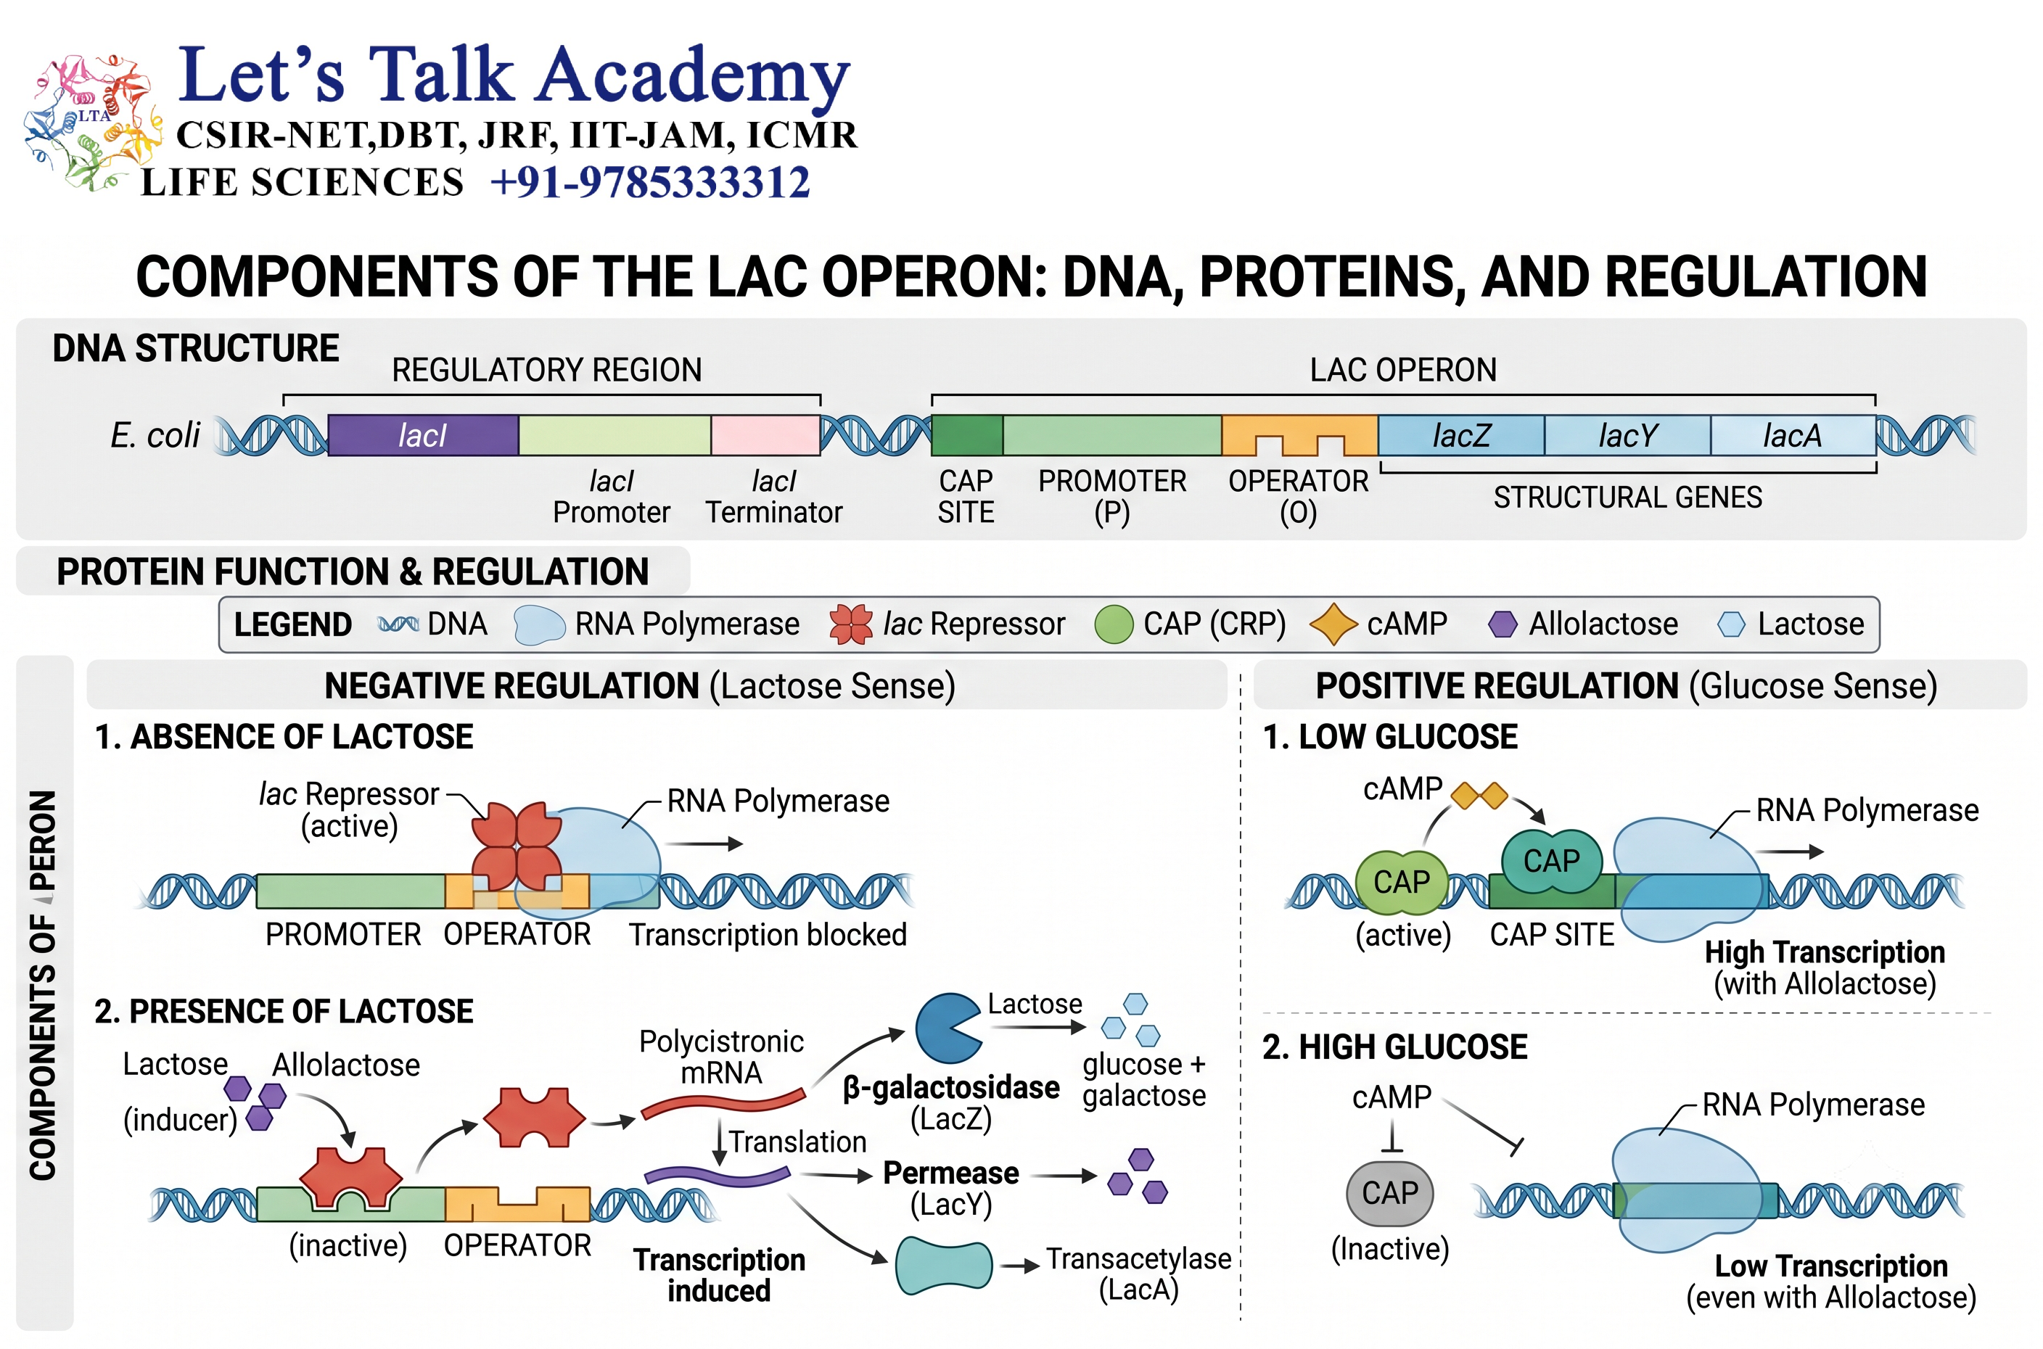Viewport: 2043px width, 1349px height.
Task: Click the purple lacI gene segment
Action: [422, 435]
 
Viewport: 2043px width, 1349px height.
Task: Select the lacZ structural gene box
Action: [1460, 435]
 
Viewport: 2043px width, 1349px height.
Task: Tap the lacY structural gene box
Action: [1627, 435]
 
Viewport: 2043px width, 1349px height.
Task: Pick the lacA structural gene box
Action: [1793, 435]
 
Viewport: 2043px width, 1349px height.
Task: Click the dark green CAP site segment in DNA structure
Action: [967, 435]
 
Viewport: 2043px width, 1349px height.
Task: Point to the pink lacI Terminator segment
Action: [765, 435]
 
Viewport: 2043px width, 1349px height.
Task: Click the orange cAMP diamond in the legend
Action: [1333, 624]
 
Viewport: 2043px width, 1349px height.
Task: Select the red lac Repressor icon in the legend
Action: [851, 624]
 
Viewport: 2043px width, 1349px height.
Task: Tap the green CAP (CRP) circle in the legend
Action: [1114, 624]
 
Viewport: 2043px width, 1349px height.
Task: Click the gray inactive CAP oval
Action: [1390, 1193]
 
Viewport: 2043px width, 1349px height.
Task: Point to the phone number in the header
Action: [650, 182]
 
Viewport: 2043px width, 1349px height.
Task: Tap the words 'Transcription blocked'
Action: [768, 934]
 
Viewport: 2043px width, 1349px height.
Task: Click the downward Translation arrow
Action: [720, 1142]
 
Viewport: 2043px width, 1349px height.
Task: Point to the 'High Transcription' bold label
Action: [1825, 952]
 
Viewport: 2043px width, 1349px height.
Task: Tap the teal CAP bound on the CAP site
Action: [1553, 860]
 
